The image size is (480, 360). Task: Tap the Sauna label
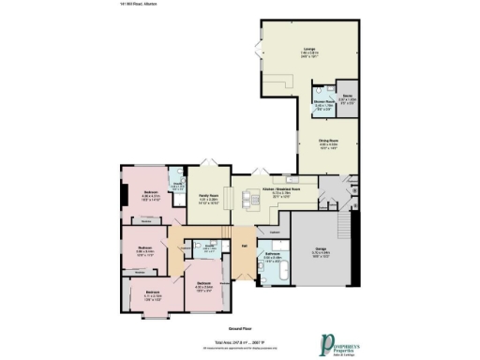(x=346, y=97)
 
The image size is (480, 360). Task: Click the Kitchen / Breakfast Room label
(x=280, y=188)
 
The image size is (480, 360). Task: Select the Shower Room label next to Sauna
(x=322, y=102)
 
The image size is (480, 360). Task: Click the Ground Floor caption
(x=240, y=329)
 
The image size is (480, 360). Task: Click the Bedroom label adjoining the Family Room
(x=151, y=191)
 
